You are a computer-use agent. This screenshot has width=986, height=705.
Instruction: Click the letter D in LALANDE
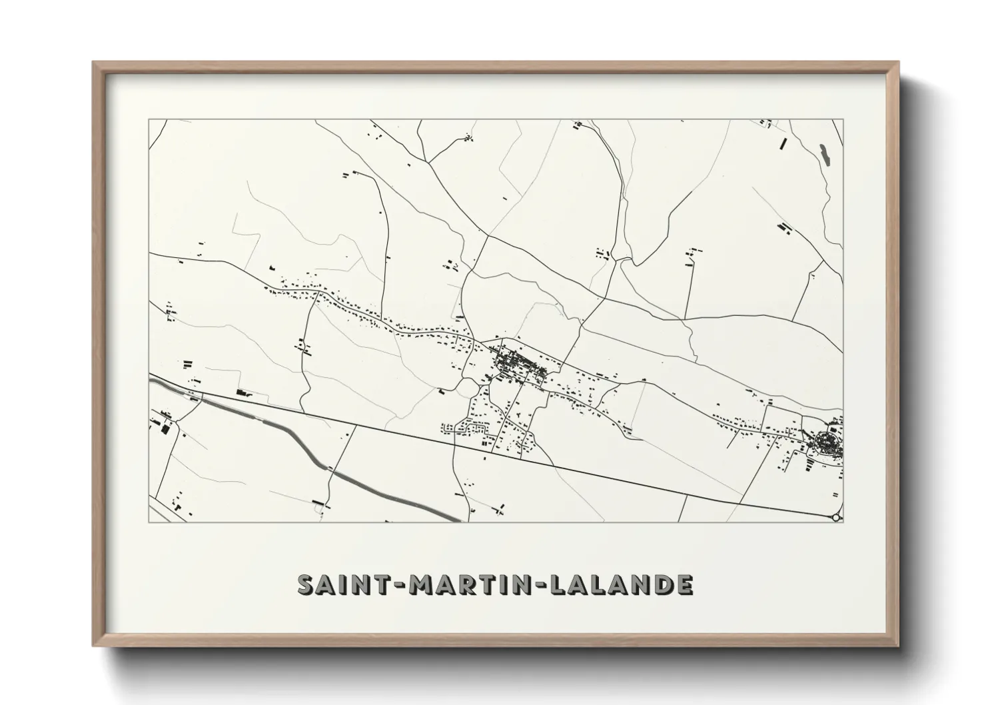[x=662, y=584]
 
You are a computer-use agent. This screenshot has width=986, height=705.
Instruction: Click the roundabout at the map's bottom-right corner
[x=837, y=516]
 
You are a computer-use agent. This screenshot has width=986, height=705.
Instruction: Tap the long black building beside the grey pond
[x=784, y=144]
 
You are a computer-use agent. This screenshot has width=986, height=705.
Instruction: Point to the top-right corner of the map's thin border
[x=843, y=120]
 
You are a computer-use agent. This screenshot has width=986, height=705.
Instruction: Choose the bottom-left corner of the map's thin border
[x=149, y=522]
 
